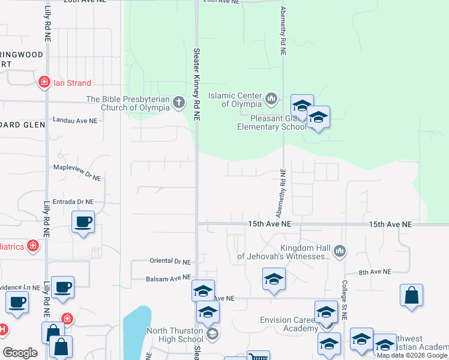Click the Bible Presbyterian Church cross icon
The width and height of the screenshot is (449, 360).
178,103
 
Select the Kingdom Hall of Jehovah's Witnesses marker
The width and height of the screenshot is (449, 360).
340,251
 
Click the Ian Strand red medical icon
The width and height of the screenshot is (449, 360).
44,83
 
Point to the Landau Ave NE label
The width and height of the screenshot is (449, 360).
75,121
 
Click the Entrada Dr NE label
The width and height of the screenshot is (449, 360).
73,202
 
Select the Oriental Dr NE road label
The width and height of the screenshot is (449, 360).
169,262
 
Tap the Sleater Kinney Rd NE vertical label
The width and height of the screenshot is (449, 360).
196,84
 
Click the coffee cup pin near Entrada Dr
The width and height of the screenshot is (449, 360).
83,221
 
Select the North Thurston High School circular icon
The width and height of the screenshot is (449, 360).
211,333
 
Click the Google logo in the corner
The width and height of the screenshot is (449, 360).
20,353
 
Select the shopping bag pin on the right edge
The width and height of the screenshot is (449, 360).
411,295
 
